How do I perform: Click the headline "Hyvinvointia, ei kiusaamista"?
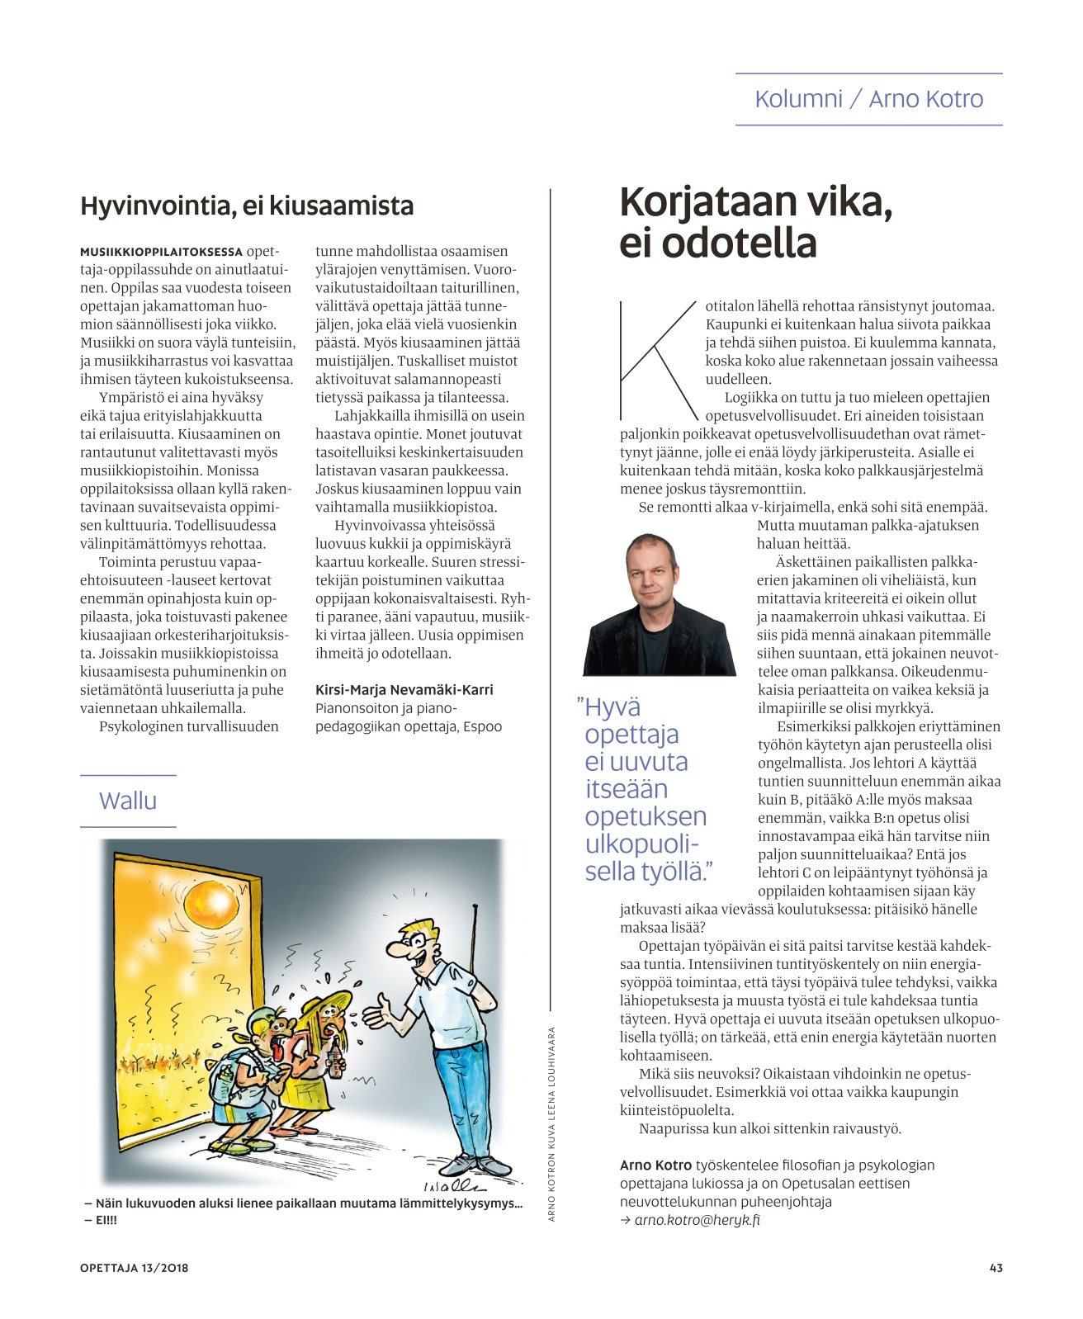[x=247, y=206]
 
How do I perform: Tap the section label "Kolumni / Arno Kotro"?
[x=868, y=99]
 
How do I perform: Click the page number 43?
[x=996, y=1268]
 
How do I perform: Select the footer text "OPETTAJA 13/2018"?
[x=134, y=1268]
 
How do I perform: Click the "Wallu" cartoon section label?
[x=128, y=801]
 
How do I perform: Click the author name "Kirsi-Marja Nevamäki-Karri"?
[x=404, y=690]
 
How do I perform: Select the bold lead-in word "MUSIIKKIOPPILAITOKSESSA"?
[x=161, y=252]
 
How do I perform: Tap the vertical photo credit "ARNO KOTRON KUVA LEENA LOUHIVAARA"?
[x=551, y=1123]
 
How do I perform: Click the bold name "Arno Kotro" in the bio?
[x=655, y=1165]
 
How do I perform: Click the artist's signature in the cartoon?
[x=453, y=1185]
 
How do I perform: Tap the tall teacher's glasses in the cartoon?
[x=419, y=939]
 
